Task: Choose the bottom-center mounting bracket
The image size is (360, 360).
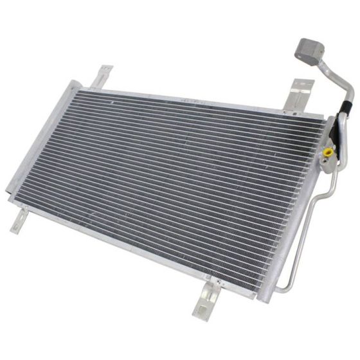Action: (208, 297)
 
